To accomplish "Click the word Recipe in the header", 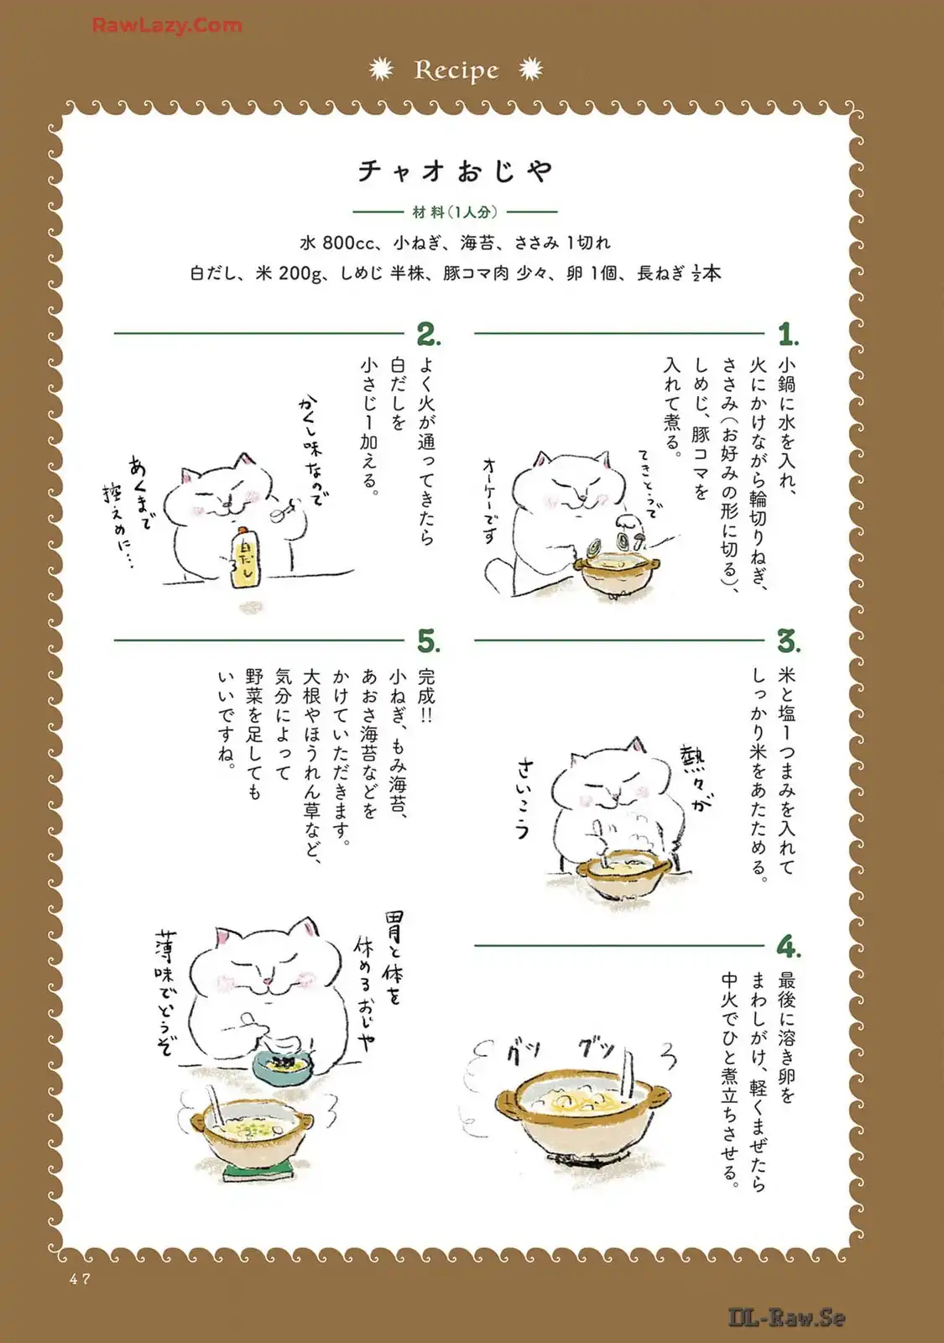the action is click(456, 71).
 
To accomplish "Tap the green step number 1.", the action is click(788, 335).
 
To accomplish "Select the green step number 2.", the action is click(429, 335).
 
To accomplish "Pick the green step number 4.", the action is click(789, 948).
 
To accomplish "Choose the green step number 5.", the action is click(429, 641).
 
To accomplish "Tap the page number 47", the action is click(80, 1279).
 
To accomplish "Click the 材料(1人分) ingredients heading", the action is click(455, 212).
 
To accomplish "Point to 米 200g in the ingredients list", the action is click(288, 274).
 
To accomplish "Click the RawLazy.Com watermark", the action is click(167, 25).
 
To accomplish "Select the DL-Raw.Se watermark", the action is click(787, 1318).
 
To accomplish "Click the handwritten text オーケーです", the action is click(491, 500).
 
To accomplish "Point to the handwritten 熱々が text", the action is click(697, 780).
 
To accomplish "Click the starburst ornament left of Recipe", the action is click(381, 70).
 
